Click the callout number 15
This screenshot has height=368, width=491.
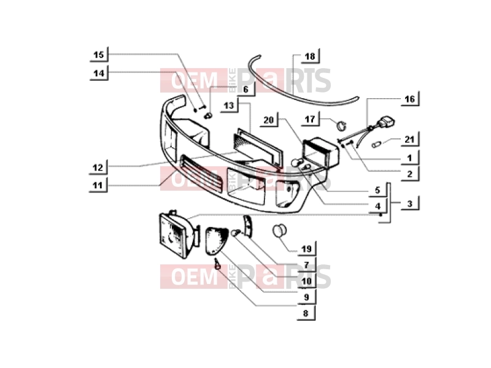(99, 55)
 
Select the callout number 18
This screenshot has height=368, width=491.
(310, 56)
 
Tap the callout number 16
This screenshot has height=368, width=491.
(409, 99)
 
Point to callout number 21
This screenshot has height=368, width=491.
(409, 140)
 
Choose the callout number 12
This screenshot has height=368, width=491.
(98, 167)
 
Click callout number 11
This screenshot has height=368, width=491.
(98, 186)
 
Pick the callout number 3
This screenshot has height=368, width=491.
(410, 204)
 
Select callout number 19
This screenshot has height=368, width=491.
(306, 249)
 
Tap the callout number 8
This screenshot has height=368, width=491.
(306, 313)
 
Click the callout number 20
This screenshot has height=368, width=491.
(269, 120)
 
